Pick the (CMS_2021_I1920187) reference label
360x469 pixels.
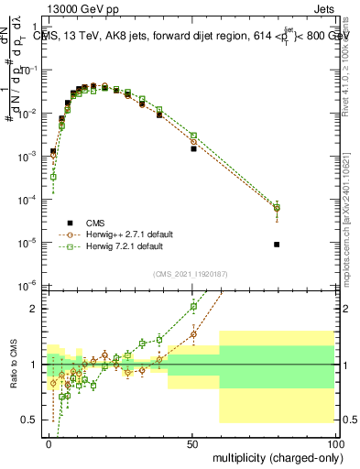(193, 274)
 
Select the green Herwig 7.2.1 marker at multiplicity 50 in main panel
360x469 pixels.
(193, 136)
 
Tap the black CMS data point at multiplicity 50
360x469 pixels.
(193, 148)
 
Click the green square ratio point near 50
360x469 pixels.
(193, 308)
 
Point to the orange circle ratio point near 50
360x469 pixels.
(193, 334)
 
